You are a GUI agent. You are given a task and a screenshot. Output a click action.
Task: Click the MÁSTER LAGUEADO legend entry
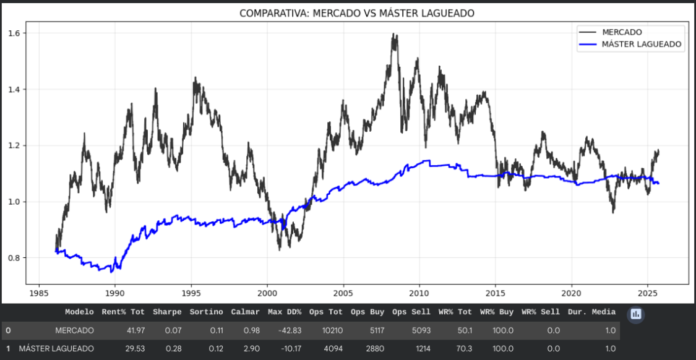(x=642, y=45)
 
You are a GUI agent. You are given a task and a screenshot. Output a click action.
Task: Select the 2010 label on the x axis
(x=419, y=292)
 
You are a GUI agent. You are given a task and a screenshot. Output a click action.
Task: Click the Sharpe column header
(x=167, y=312)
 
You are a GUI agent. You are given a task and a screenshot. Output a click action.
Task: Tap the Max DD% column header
(x=285, y=312)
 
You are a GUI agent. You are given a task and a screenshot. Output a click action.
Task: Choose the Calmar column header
(x=244, y=312)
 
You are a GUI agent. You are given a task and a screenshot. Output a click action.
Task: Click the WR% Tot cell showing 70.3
(x=461, y=349)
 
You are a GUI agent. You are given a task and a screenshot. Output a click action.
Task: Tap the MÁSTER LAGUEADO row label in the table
(x=56, y=349)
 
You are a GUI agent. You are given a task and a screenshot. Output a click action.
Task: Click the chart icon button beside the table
(x=635, y=314)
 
